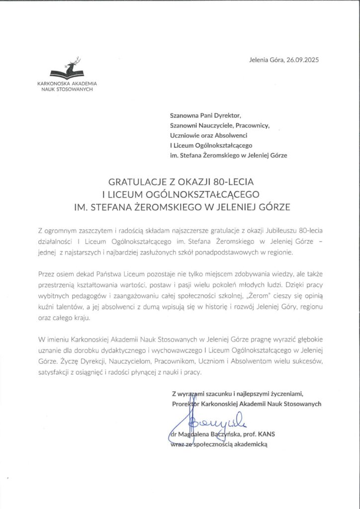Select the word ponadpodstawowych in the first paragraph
tap(227, 252)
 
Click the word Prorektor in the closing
tap(186, 404)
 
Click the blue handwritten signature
tap(209, 425)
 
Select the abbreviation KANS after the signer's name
tap(267, 433)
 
